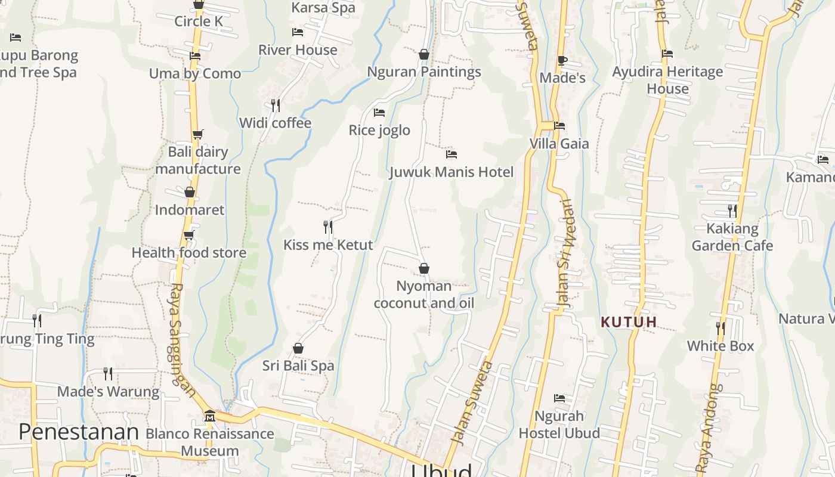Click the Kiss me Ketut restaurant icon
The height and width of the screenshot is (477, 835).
tap(328, 227)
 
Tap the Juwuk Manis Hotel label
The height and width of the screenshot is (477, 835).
tap(451, 172)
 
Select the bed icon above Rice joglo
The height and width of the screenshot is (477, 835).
tap(379, 112)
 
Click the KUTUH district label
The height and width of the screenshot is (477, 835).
tap(629, 322)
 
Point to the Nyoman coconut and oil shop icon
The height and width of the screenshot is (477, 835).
tap(424, 268)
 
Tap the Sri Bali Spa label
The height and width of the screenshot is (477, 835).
tap(298, 366)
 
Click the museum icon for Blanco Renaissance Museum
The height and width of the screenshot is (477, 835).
tap(209, 416)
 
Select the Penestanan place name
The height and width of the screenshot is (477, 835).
tap(79, 432)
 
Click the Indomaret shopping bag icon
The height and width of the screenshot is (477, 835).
tap(190, 192)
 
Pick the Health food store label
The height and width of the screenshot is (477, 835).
tap(189, 252)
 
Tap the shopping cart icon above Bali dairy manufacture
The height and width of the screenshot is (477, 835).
tap(197, 134)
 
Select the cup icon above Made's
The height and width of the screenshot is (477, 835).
tap(562, 60)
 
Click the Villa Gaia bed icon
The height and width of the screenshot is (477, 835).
tap(559, 126)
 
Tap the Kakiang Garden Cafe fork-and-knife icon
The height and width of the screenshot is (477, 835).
tap(732, 210)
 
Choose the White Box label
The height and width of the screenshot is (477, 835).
tap(720, 346)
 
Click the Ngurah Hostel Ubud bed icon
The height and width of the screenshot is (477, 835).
tap(559, 398)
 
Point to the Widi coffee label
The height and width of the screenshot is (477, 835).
tap(276, 123)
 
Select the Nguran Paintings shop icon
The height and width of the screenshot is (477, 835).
tap(424, 54)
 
